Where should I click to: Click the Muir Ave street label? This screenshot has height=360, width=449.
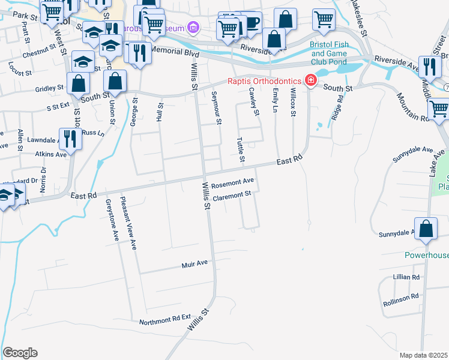click(194, 263)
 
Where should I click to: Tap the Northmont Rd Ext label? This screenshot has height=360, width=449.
click(164, 322)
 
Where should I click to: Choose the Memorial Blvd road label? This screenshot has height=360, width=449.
click(175, 52)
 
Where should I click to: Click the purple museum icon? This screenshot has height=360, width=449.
click(193, 27)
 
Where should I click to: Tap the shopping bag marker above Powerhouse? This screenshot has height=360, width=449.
click(426, 229)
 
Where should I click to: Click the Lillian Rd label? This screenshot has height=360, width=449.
click(406, 277)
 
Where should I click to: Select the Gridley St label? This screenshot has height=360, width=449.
click(50, 88)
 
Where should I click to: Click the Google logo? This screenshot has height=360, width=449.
click(20, 353)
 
